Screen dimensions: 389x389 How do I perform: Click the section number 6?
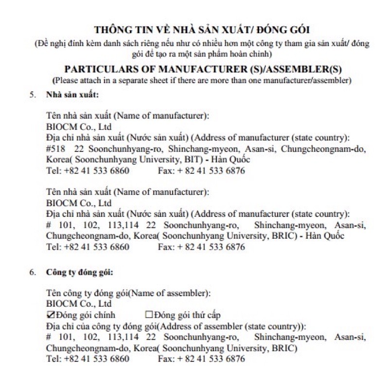click(32, 272)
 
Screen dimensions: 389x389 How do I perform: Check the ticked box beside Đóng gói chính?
click(51, 315)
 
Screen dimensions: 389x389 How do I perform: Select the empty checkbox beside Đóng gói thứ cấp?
click(150, 315)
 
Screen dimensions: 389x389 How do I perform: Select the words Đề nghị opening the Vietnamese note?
click(53, 43)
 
